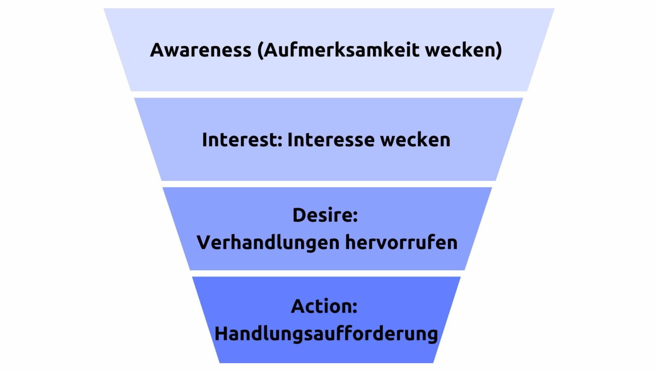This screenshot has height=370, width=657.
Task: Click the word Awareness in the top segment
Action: (201, 50)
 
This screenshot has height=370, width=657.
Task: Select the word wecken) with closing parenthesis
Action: (464, 50)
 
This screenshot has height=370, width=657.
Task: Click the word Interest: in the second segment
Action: (242, 140)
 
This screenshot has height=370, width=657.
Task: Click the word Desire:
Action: (325, 215)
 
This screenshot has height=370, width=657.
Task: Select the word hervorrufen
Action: (401, 243)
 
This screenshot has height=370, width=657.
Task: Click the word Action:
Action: (324, 307)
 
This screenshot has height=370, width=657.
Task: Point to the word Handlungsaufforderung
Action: (326, 334)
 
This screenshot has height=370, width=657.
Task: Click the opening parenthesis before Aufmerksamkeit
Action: (260, 51)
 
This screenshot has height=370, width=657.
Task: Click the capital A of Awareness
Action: (157, 50)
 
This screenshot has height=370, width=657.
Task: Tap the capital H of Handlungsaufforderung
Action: (221, 334)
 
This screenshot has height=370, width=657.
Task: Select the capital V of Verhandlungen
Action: (204, 243)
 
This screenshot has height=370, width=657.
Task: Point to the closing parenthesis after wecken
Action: (499, 51)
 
